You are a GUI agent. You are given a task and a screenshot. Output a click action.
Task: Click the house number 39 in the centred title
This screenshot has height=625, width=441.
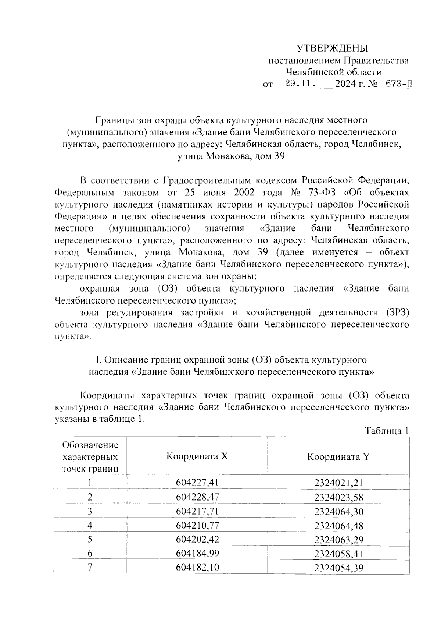tap(279, 156)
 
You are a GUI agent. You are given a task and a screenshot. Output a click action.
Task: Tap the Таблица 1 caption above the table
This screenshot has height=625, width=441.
tap(387, 431)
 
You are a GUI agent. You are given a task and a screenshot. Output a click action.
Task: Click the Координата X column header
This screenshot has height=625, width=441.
tap(197, 456)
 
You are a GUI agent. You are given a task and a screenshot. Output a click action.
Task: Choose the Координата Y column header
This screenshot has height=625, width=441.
tap(338, 456)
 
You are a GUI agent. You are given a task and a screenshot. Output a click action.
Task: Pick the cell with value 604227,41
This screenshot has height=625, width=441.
tap(197, 483)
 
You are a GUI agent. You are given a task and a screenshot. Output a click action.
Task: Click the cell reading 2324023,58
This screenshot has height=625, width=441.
tap(338, 497)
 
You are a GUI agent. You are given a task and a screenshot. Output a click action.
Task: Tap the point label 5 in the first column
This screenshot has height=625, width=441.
tap(90, 539)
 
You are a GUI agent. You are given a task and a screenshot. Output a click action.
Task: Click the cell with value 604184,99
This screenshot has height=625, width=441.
tap(197, 554)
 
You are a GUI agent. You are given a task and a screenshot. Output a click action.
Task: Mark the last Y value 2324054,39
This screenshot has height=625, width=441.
tap(338, 568)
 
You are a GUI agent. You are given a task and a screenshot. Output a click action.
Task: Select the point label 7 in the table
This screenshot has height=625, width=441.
tap(90, 567)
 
